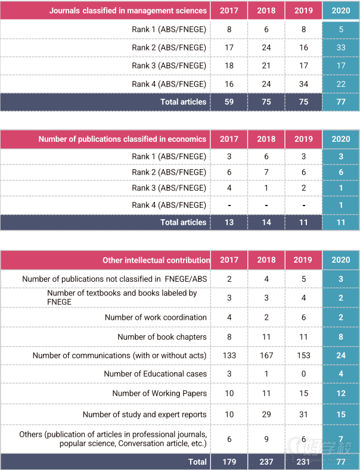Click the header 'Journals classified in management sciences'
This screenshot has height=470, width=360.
coord(128,11)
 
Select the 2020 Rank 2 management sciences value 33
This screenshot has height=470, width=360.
coord(341,48)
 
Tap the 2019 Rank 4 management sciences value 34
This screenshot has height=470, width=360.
coord(303,84)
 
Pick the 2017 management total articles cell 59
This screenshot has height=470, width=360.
coord(229,102)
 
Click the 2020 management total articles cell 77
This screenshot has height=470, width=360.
coord(341,102)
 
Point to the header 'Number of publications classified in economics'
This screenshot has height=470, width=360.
coord(122,139)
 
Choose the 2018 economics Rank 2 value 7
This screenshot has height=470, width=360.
coord(266,172)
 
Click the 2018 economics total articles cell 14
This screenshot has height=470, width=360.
coord(266,222)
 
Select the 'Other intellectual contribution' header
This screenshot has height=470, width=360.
coord(156,260)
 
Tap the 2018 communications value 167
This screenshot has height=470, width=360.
coord(266,356)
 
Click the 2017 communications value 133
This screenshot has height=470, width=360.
coord(229,356)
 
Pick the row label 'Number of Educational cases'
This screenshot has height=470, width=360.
coord(155,374)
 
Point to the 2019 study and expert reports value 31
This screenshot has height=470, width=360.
coord(303,415)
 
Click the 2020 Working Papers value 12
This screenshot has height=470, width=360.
coord(341,393)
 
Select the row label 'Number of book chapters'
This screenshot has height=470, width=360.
coord(162,337)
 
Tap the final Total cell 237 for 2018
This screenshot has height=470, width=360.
coord(266,462)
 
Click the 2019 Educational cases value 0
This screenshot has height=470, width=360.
coord(303,374)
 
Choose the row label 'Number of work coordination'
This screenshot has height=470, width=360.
coord(156,318)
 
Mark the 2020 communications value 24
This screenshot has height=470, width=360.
coord(341,356)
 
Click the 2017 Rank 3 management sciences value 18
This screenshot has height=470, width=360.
coord(229,66)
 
